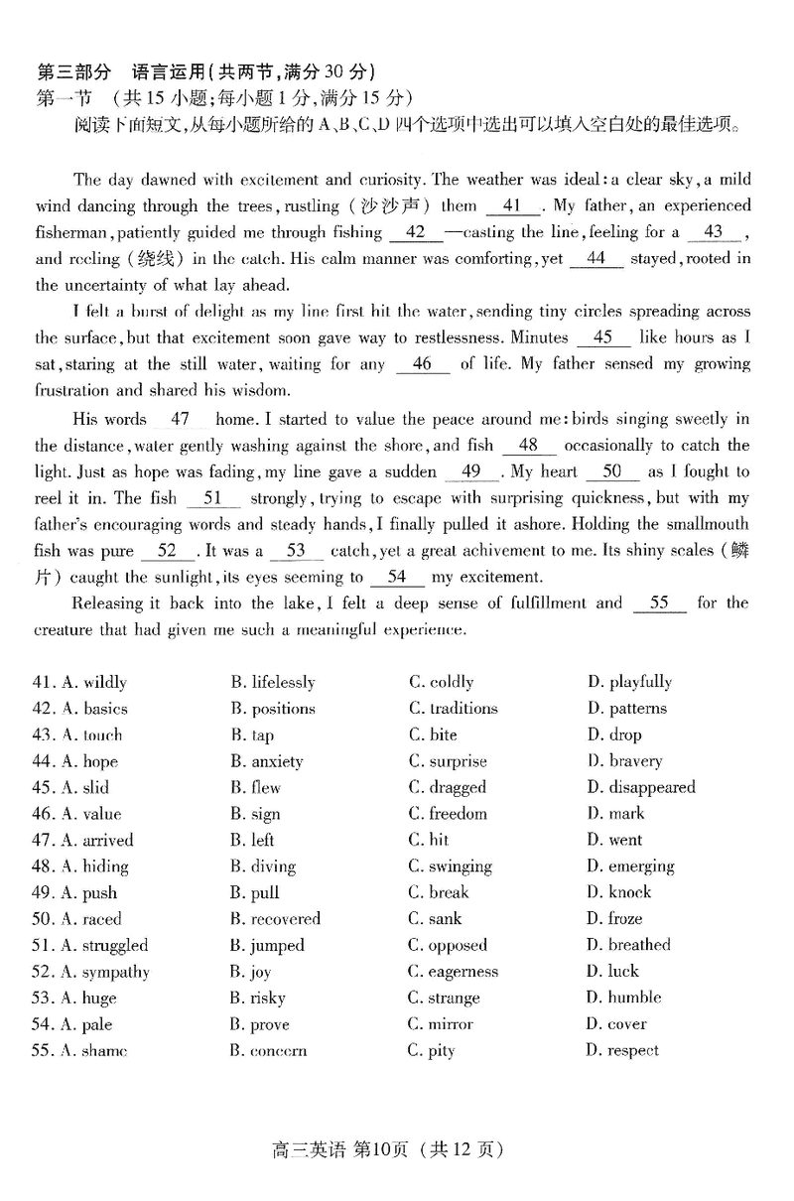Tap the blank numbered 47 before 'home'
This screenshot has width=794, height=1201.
(180, 420)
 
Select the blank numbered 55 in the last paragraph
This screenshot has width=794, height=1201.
(659, 603)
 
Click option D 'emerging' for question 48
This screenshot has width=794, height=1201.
(629, 867)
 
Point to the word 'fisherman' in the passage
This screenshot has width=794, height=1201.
(71, 233)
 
